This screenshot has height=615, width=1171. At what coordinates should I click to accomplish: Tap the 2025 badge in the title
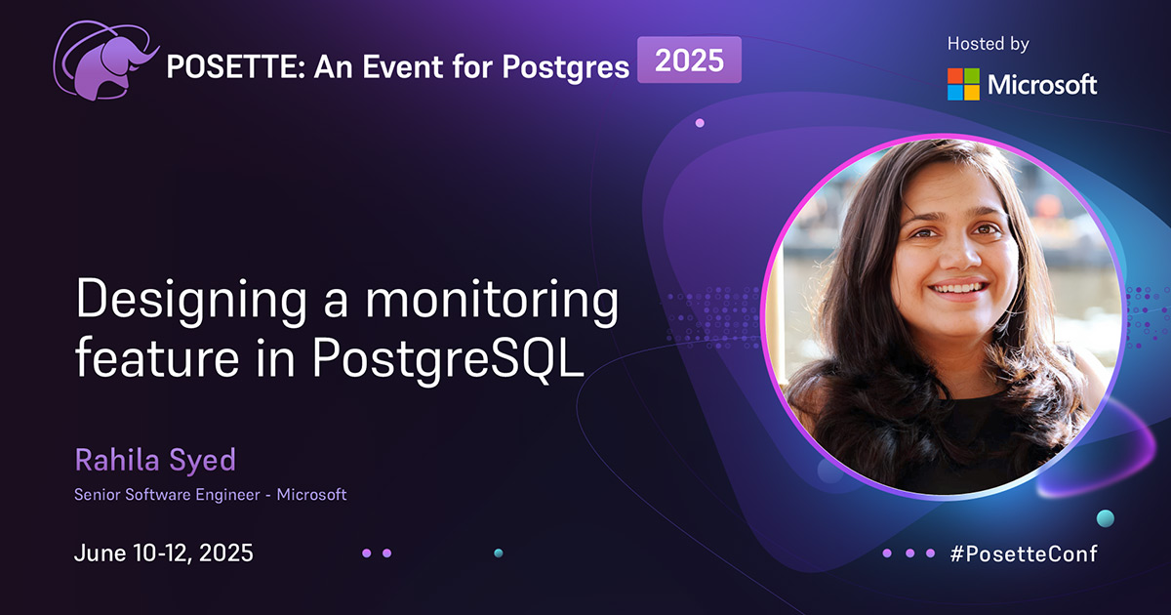(x=689, y=61)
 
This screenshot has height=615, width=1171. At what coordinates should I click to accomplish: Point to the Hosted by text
(x=988, y=43)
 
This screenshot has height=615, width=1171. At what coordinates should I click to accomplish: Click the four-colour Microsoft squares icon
(x=963, y=84)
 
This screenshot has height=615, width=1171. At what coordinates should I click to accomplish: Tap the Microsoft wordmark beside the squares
(x=1042, y=85)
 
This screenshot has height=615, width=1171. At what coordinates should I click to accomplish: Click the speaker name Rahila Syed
(x=154, y=459)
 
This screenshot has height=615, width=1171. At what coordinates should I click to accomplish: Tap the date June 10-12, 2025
(x=164, y=553)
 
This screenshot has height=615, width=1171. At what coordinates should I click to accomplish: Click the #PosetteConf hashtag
(x=1023, y=553)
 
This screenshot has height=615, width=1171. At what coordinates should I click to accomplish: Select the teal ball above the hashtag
(x=1105, y=517)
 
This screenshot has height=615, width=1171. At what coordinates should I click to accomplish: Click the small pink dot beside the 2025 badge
(x=700, y=123)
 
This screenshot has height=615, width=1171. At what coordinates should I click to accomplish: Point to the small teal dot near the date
(x=498, y=553)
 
